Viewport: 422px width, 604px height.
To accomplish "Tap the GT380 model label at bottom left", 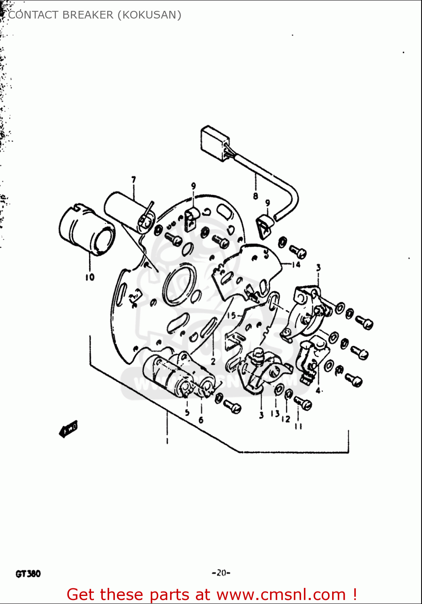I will pos(28,573).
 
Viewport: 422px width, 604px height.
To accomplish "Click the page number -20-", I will pos(221,573).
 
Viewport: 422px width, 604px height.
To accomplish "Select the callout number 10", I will pos(89,277).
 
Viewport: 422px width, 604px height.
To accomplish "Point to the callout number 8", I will pos(256,196).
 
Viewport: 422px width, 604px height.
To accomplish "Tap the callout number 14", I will pos(296,265).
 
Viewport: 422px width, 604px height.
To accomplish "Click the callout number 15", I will pos(231,315).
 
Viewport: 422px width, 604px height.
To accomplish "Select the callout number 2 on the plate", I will pos(213,361).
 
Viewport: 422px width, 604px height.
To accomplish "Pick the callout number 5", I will pos(187,412).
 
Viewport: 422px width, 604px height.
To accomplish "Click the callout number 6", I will pos(201,420).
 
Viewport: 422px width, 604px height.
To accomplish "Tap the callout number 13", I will pos(275,414).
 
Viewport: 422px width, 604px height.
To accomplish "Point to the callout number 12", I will pos(286,419).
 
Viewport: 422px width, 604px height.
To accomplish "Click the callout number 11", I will pos(298,426).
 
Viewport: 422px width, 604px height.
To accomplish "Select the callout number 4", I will pos(318,390).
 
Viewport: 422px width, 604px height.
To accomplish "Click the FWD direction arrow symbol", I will pos(69,429).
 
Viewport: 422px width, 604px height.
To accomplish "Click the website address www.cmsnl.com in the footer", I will pos(281,594).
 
